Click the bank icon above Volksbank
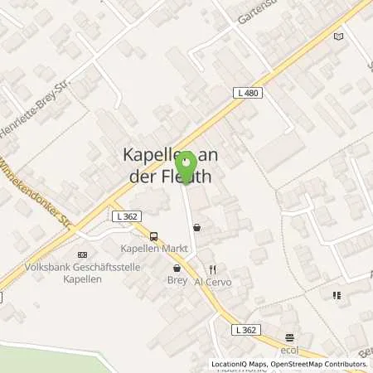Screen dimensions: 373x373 (x=81, y=254)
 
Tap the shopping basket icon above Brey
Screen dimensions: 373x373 (x=177, y=269)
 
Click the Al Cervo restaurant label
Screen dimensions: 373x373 (x=212, y=282)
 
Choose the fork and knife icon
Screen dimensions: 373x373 (x=212, y=269)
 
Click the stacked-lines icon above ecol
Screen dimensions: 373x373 (x=289, y=337)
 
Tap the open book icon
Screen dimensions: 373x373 (x=337, y=36)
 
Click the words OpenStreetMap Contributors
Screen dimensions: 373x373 (x=322, y=364)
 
